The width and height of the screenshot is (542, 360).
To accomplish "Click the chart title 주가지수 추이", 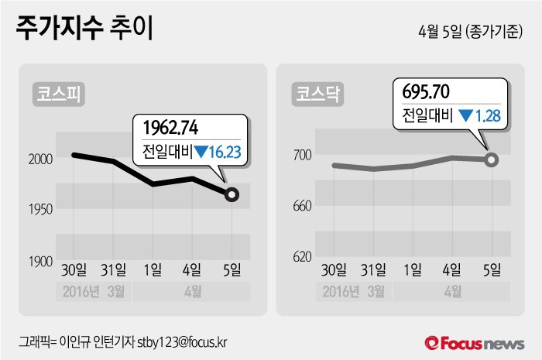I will pyautogui.click(x=84, y=29).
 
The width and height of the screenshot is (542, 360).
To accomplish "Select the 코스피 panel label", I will pyautogui.click(x=58, y=94).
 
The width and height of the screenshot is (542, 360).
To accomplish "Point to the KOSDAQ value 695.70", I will pyautogui.click(x=427, y=92).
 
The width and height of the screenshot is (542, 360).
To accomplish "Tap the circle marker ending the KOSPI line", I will pyautogui.click(x=231, y=195).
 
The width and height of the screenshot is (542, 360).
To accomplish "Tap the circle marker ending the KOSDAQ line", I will pyautogui.click(x=492, y=159).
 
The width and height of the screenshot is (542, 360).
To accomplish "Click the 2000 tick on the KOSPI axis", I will pyautogui.click(x=40, y=159).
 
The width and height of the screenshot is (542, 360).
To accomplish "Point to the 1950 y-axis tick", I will pyautogui.click(x=40, y=210).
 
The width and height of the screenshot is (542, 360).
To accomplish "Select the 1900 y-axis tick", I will pyautogui.click(x=40, y=262).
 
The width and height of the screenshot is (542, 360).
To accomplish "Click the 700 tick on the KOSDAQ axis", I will pyautogui.click(x=302, y=156).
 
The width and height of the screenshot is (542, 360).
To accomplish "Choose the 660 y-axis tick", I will pyautogui.click(x=302, y=206).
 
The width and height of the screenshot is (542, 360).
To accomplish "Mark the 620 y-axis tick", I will pyautogui.click(x=302, y=256).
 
